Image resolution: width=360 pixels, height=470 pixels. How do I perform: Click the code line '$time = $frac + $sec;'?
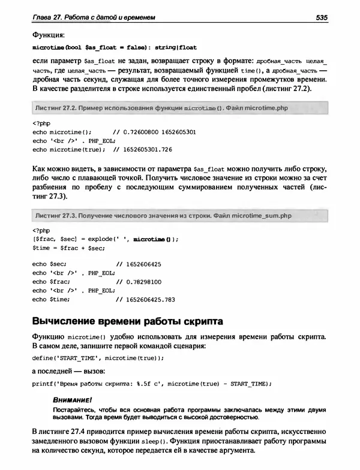[61, 246]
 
